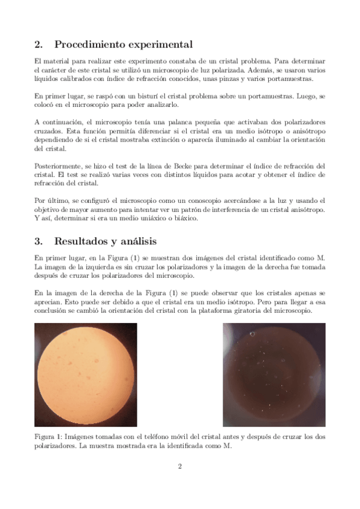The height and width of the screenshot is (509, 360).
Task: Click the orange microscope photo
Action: [x=85, y=375]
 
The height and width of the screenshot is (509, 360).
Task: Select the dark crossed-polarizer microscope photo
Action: [x=274, y=375]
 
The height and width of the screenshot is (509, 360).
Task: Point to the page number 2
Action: [x=179, y=466]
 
